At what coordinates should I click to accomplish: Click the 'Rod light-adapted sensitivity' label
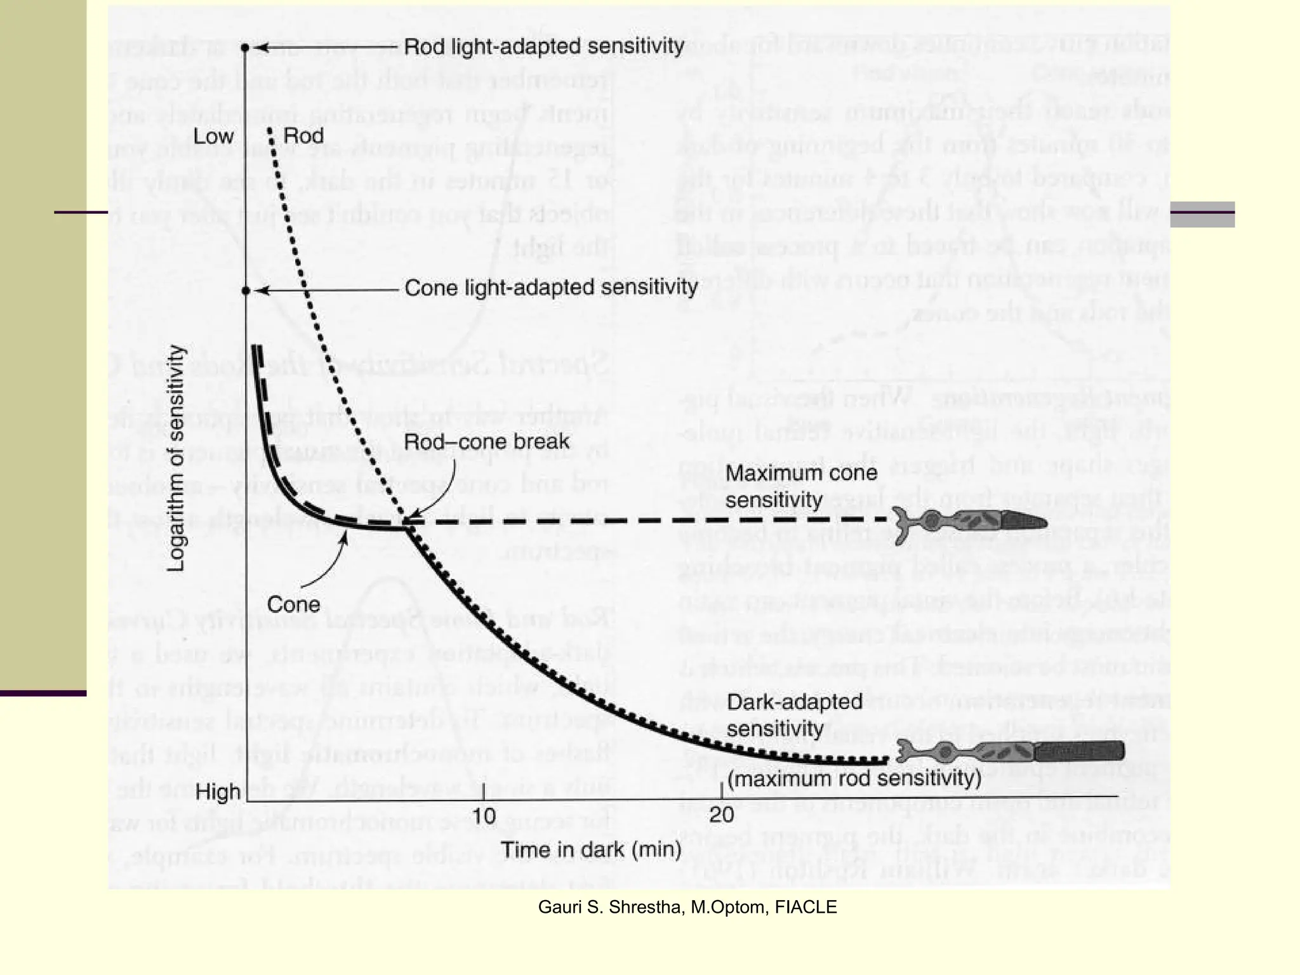544,46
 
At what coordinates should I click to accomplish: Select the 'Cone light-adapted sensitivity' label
551,288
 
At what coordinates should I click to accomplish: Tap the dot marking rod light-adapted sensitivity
246,48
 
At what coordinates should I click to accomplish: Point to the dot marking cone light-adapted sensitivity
246,291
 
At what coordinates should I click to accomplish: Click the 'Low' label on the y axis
213,136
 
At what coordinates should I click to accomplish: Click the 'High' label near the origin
218,792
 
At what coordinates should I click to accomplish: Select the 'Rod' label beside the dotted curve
303,136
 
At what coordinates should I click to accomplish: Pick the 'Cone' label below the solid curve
293,604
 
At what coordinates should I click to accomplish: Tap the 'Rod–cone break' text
487,442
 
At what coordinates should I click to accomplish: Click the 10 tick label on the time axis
484,816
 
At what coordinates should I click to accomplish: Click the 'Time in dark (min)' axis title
591,849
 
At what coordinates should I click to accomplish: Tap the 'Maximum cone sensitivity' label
801,486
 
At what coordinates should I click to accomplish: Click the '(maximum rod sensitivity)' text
854,778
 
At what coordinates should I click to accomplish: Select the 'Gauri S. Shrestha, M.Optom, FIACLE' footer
687,907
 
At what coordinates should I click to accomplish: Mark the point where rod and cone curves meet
407,522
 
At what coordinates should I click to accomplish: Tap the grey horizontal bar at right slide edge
1202,214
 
